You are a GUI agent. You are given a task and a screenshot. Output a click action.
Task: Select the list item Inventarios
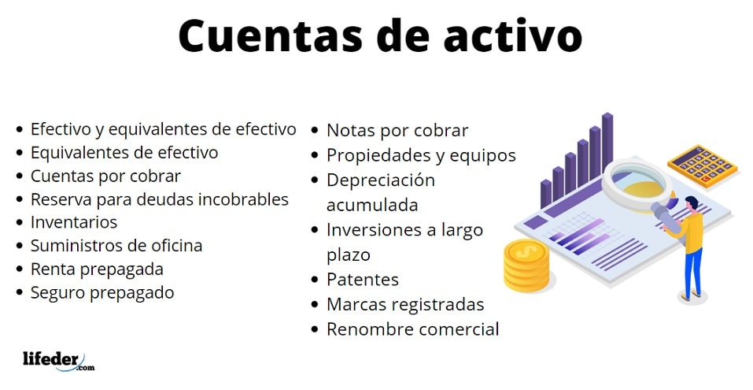(x=74, y=222)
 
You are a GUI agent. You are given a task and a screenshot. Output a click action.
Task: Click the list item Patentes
(x=363, y=280)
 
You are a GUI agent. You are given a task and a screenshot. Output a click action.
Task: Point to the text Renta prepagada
(x=97, y=269)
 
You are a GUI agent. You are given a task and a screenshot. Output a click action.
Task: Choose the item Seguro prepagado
(x=102, y=293)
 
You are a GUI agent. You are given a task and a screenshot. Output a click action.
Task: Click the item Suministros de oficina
(x=116, y=246)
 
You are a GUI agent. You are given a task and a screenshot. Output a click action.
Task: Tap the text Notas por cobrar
(x=397, y=131)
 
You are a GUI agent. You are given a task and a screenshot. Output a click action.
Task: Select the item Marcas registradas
(x=405, y=304)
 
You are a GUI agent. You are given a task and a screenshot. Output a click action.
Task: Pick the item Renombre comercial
(x=412, y=329)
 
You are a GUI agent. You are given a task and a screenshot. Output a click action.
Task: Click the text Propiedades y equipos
(x=421, y=155)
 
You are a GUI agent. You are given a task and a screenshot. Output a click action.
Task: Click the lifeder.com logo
(x=58, y=362)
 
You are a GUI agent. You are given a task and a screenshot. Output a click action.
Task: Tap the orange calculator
(x=703, y=165)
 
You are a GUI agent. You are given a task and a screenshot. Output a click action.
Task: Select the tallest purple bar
(x=607, y=141)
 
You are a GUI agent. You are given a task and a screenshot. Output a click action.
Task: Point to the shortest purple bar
(x=546, y=194)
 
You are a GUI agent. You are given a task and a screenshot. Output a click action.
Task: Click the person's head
(x=692, y=203)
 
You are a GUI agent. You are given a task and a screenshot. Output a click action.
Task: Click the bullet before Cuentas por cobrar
(x=19, y=176)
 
